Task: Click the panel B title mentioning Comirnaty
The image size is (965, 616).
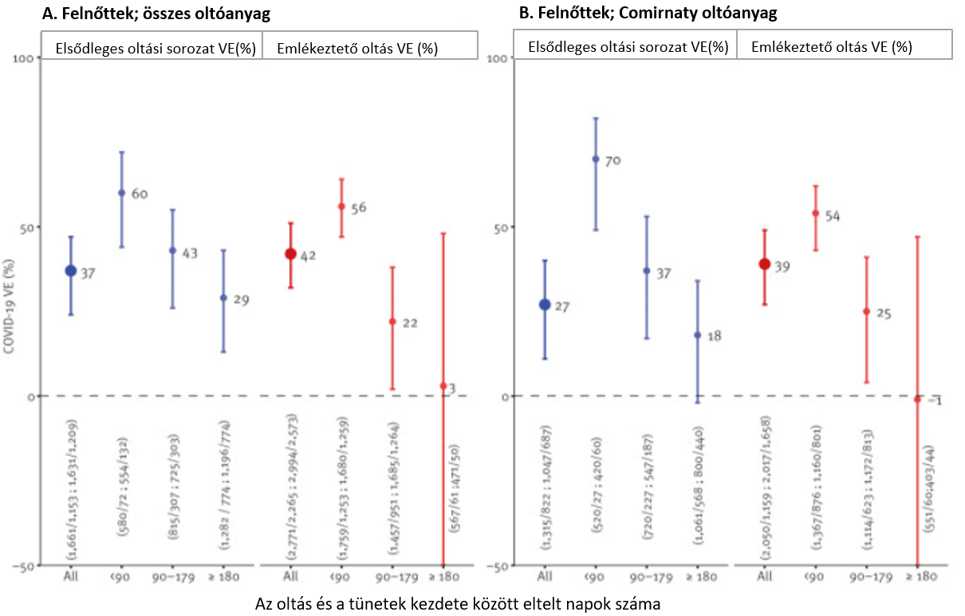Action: (648, 13)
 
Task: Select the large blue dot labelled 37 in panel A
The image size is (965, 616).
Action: (70, 270)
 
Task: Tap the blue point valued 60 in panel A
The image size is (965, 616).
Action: (121, 193)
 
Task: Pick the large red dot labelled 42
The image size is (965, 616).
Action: (290, 254)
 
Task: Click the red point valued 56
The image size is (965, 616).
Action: (341, 207)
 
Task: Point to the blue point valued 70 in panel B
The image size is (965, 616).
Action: (595, 159)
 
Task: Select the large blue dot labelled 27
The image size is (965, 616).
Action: (545, 305)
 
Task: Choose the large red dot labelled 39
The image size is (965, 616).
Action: (764, 264)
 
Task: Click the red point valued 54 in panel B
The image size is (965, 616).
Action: (815, 213)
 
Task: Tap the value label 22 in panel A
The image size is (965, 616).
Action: (410, 323)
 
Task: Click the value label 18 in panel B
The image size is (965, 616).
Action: (714, 336)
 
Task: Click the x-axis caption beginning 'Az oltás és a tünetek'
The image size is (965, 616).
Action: (458, 603)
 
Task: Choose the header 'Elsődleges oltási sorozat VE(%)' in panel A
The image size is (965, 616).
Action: (155, 48)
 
